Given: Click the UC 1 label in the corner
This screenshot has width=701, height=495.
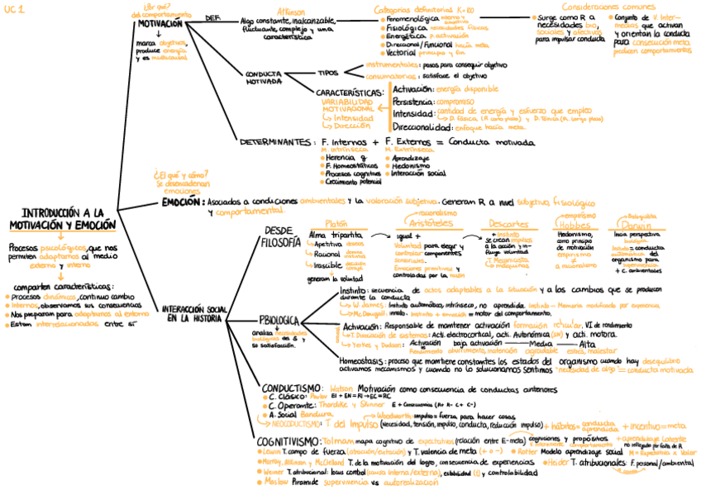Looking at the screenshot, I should (13, 8).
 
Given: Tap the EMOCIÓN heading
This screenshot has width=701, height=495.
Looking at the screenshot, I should (180, 201).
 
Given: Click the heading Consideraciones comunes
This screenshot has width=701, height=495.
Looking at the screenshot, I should (609, 7).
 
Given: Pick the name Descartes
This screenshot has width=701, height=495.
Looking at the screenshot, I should (503, 224).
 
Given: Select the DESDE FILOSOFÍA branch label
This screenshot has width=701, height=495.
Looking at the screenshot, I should (281, 236).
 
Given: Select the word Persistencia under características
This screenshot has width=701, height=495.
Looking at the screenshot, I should (414, 101).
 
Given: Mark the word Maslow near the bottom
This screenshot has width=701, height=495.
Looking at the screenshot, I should (275, 481).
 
